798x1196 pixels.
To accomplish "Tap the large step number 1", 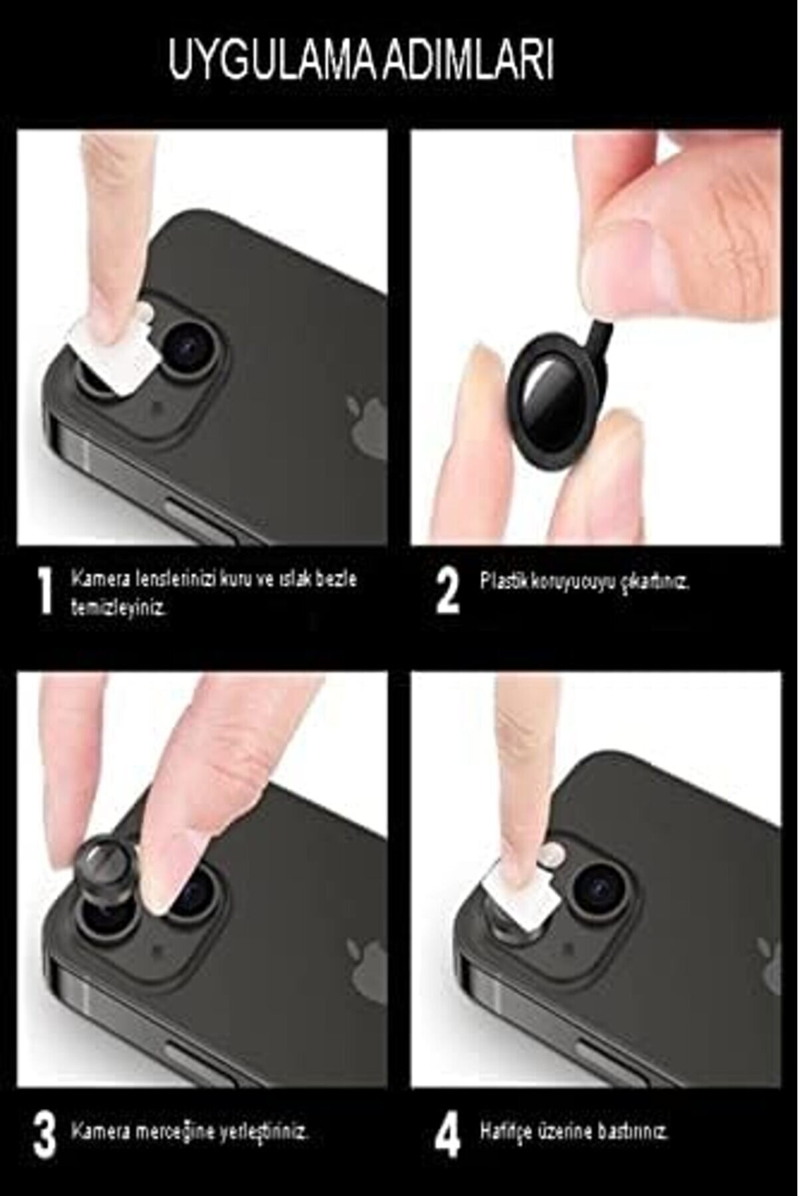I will [x=45, y=592].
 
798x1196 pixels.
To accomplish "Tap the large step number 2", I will [x=448, y=592].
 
